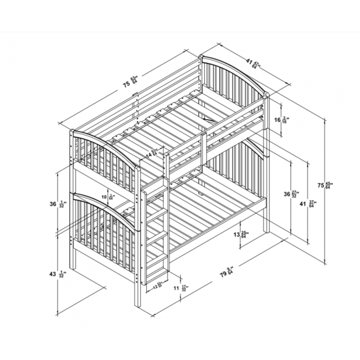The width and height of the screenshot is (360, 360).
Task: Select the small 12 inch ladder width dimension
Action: [157, 286]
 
